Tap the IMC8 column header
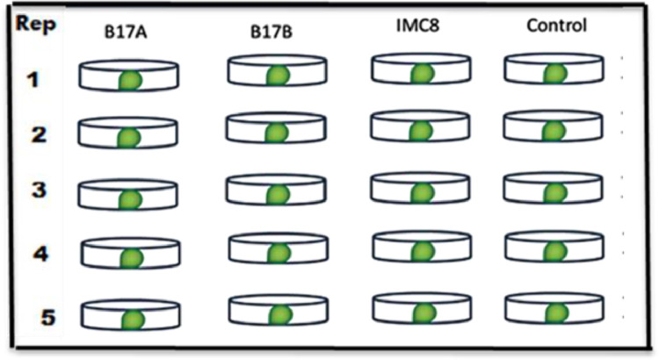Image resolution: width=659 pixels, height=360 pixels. [x=415, y=26]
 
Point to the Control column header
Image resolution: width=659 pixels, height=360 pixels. [x=555, y=26]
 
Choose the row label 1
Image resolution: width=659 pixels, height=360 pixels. [x=32, y=81]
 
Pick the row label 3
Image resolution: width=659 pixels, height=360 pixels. [x=32, y=193]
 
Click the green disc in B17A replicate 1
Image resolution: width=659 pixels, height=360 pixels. [x=131, y=81]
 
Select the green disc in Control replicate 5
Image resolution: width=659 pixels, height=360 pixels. [x=555, y=313]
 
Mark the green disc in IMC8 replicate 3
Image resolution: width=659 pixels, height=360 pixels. [x=424, y=192]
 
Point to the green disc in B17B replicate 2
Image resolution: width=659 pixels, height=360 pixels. [x=278, y=133]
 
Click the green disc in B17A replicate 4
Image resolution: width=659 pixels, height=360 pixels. [x=132, y=258]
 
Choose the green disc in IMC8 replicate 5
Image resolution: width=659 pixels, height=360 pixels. [x=424, y=313]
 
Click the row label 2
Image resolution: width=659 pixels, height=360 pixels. [x=32, y=136]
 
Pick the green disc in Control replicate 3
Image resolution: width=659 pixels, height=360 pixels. [x=555, y=192]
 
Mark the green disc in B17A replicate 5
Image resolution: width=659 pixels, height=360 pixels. [x=132, y=320]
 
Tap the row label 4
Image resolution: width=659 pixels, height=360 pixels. [x=32, y=255]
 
